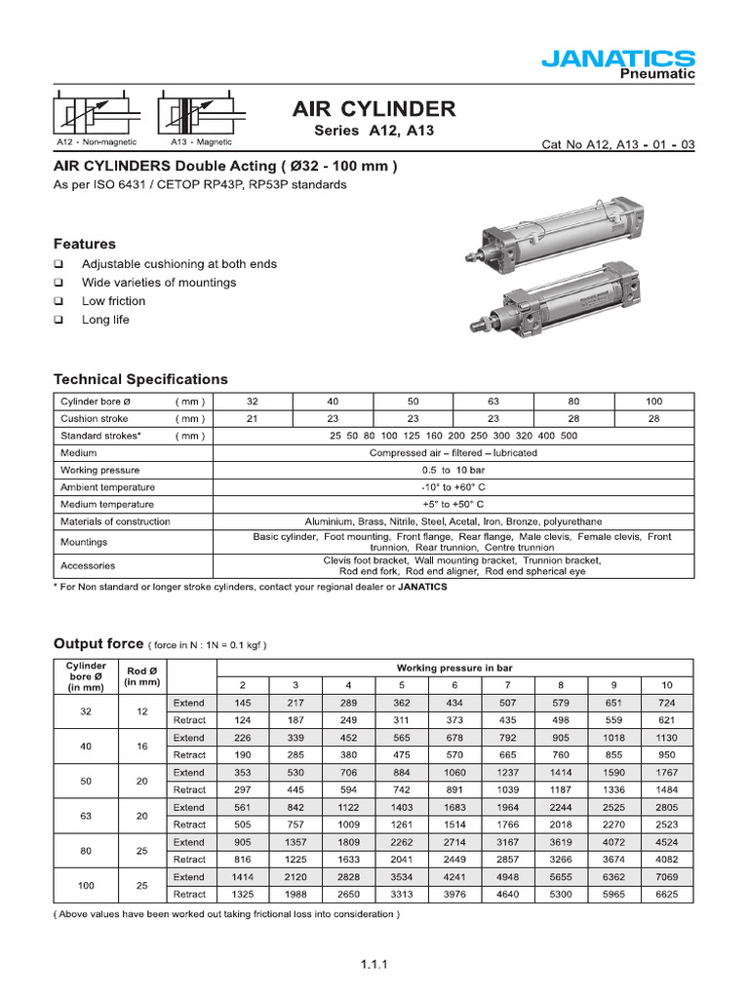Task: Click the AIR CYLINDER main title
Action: pyautogui.click(x=374, y=108)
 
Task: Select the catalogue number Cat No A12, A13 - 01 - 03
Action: pyautogui.click(x=617, y=145)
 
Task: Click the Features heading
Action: pyautogui.click(x=84, y=244)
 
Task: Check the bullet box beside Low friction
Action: pyautogui.click(x=59, y=301)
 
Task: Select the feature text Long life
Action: pyautogui.click(x=105, y=320)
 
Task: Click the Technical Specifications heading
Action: pyautogui.click(x=140, y=379)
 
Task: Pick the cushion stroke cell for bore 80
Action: pyautogui.click(x=573, y=418)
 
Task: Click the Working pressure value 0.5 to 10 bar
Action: pyautogui.click(x=453, y=470)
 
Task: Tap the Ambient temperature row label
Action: pyautogui.click(x=107, y=487)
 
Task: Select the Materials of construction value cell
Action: pyautogui.click(x=453, y=521)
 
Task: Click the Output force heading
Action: pyautogui.click(x=97, y=644)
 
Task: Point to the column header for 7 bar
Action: pyautogui.click(x=507, y=685)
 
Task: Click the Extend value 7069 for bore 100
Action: pyautogui.click(x=667, y=877)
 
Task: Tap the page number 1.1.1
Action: pyautogui.click(x=374, y=966)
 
